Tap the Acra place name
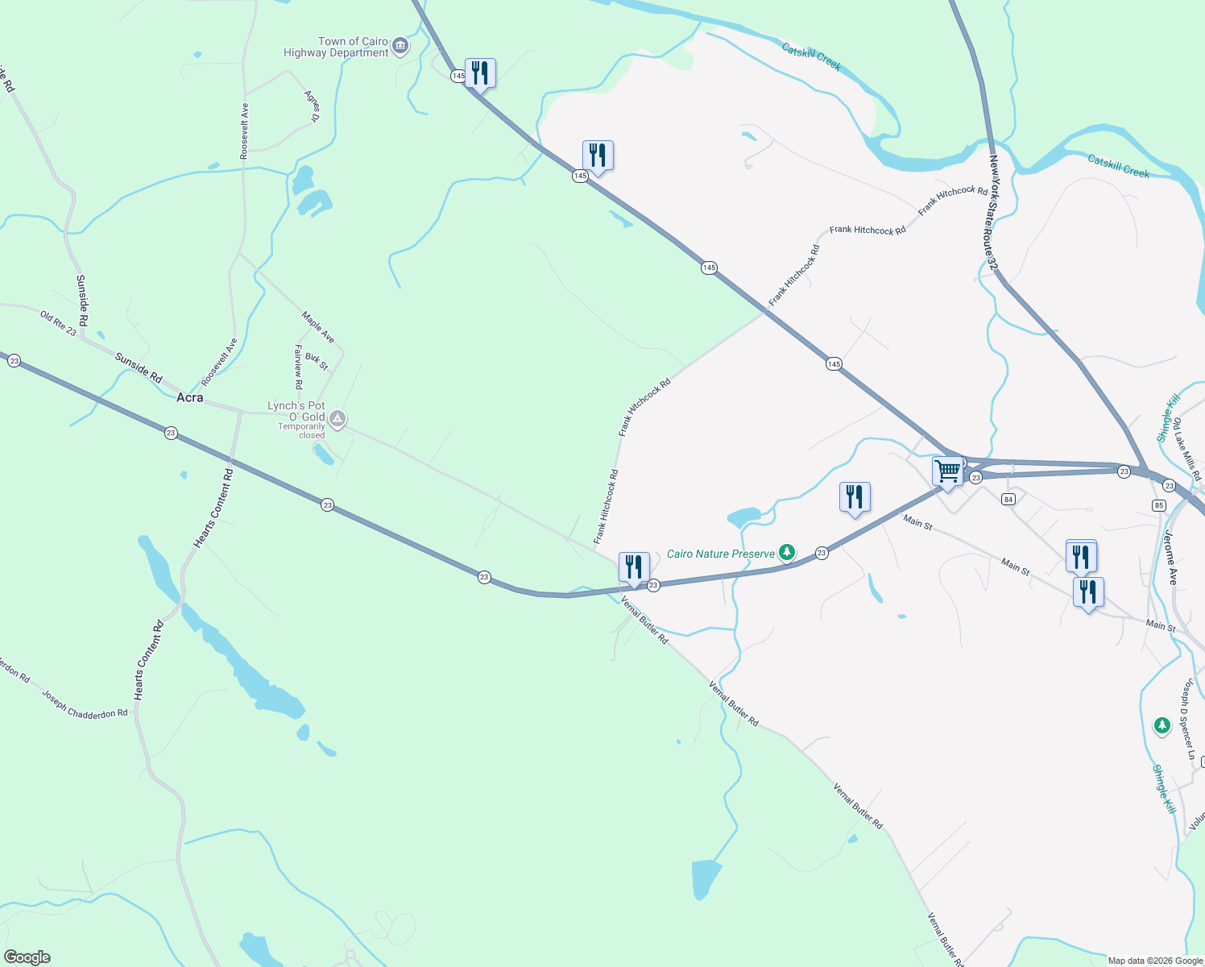pos(190,397)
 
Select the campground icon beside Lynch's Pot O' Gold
pos(338,418)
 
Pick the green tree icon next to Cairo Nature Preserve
pos(786,553)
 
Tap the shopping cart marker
pos(948,471)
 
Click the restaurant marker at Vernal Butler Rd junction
pos(634,567)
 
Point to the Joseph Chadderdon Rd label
pos(85,703)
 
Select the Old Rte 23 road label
pos(58,324)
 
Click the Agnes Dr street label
pos(312,106)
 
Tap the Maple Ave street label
pos(318,326)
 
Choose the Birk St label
pos(317,362)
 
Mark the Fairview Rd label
pos(298,367)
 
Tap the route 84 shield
pos(1008,500)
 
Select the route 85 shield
pos(1158,505)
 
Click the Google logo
pos(27,957)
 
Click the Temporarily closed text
pos(301,430)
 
